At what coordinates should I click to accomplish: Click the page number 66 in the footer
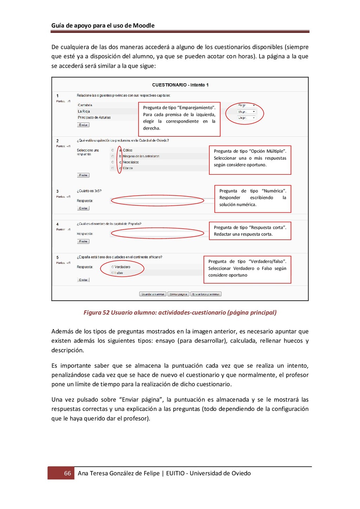(x=67, y=473)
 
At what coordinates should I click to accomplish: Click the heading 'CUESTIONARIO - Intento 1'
(x=180, y=85)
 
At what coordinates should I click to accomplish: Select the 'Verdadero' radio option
(x=113, y=267)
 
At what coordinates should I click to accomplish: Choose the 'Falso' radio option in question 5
(x=113, y=273)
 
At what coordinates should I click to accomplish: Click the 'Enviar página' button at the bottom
(x=178, y=294)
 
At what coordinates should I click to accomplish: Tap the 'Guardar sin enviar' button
(x=153, y=294)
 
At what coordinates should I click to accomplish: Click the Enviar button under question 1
(x=83, y=125)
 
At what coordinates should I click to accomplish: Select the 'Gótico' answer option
(x=113, y=150)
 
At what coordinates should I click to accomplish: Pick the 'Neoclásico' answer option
(x=113, y=162)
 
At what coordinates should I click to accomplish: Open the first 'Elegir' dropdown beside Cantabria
(x=246, y=105)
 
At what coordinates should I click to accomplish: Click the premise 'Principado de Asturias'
(x=94, y=117)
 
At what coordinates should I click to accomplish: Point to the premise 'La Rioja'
(x=84, y=111)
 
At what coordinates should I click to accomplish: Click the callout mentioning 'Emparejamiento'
(x=179, y=118)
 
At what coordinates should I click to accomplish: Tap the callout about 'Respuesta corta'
(x=250, y=231)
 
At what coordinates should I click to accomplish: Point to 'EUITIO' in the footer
(x=175, y=473)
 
